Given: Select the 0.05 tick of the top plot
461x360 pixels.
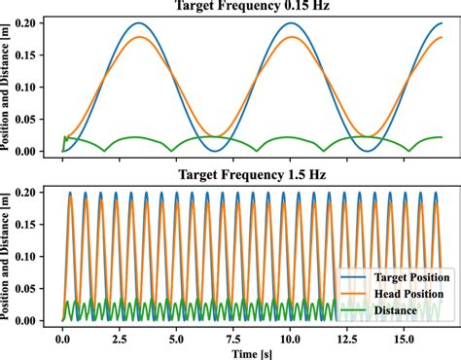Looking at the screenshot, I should click(x=32, y=119).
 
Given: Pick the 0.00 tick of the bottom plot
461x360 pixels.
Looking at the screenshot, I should click(x=32, y=319).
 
